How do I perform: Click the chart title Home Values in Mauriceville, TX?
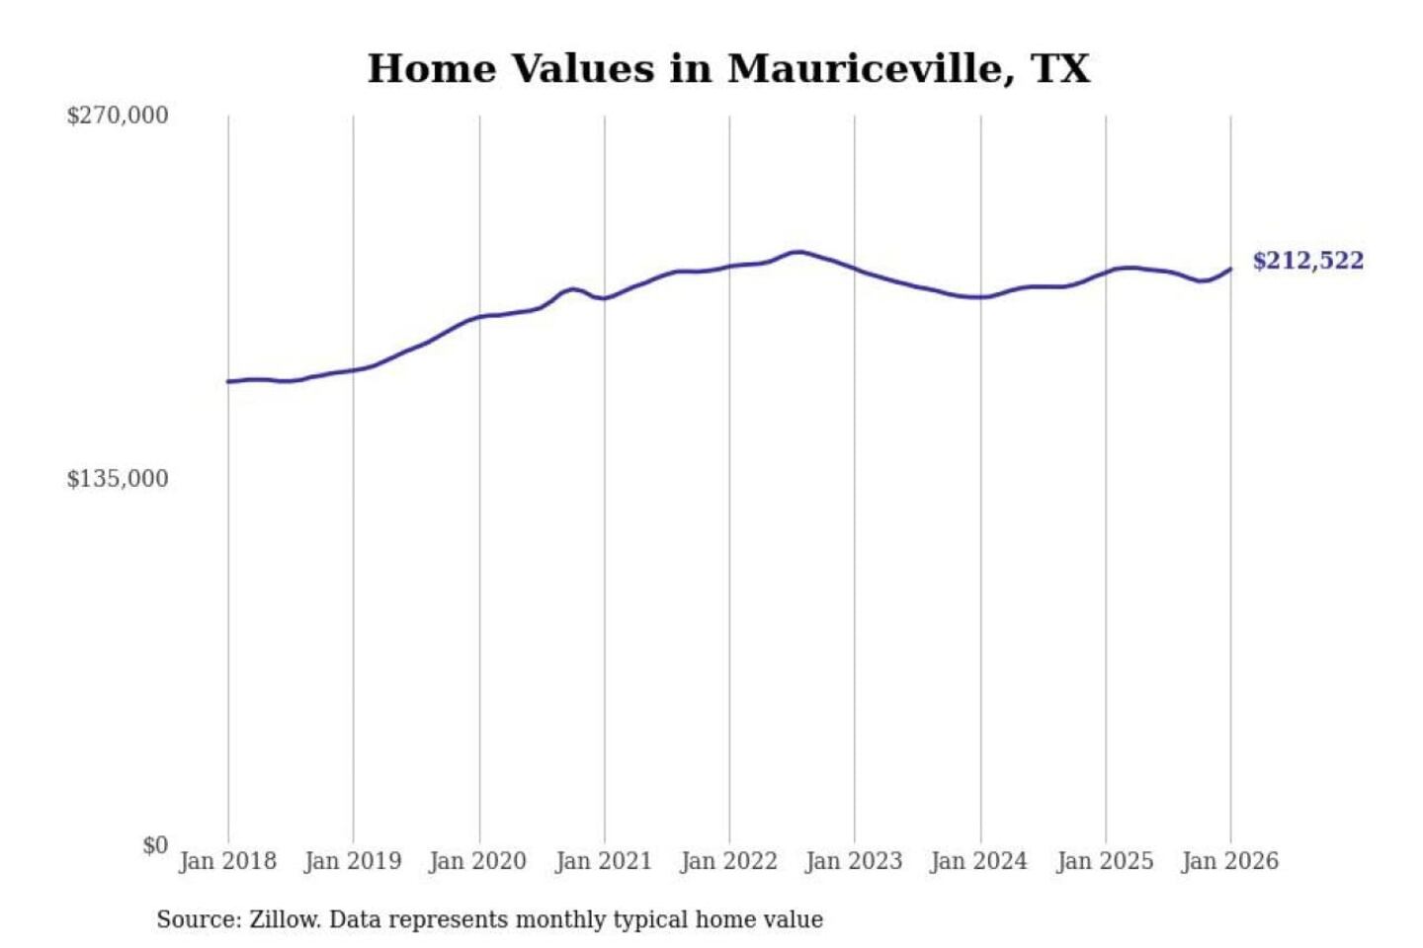728,69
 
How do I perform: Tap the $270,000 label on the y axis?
118,116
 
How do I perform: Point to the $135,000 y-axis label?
118,479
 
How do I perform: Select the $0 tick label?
155,845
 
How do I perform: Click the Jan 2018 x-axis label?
227,861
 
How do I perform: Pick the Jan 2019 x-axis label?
353,861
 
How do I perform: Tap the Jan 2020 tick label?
478,861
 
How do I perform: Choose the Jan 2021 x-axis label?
604,861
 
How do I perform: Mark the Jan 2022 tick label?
729,861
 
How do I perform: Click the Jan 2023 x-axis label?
854,861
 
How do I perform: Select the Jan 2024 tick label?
979,861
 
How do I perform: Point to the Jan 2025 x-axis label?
1105,861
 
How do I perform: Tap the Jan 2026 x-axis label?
1230,861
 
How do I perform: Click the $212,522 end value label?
1307,261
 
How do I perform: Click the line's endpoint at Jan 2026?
1230,269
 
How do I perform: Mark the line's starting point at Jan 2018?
228,381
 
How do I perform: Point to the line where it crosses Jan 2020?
480,317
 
